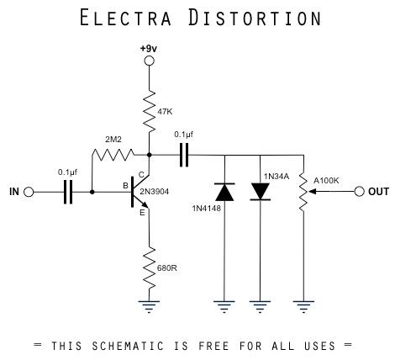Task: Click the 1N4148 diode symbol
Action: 224,192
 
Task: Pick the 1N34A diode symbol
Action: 262,192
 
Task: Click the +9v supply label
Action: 148,48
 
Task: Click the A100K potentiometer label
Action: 326,180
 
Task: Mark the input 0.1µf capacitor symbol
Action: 67,192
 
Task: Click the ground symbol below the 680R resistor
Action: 149,307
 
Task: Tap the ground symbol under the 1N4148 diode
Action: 224,307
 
